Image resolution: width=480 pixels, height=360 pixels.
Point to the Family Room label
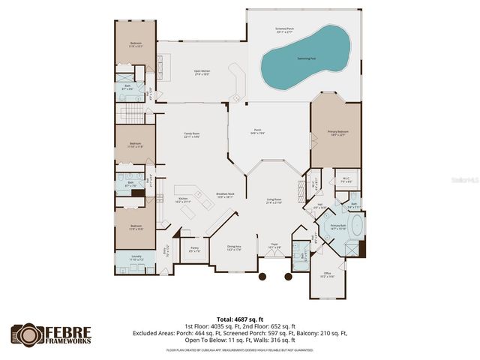(192, 136)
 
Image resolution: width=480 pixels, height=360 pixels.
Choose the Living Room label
(273, 201)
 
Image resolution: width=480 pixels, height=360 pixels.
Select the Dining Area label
(234, 247)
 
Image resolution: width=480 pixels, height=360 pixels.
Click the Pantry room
(194, 249)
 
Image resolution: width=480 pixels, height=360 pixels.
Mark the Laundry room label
(136, 258)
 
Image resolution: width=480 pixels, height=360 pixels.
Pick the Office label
(328, 274)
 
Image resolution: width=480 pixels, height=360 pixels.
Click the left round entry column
(262, 277)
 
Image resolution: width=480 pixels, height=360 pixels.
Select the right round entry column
(288, 277)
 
